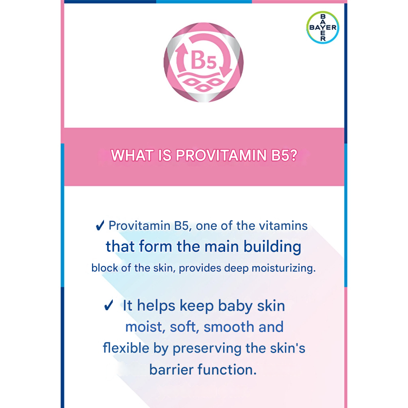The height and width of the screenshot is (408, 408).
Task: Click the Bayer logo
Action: [323, 27]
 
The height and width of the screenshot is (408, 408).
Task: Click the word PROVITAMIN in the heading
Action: [221, 155]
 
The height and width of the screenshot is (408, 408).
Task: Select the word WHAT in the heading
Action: [132, 155]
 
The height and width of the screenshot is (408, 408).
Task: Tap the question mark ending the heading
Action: [293, 155]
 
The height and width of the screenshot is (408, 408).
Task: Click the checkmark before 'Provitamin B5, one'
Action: [100, 226]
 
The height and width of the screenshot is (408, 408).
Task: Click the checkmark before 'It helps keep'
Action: [108, 305]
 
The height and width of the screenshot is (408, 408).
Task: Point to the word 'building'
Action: [273, 247]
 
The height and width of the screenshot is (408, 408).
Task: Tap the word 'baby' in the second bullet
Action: [235, 306]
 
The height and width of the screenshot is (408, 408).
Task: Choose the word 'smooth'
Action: [229, 327]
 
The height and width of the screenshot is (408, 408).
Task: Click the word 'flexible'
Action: [126, 348]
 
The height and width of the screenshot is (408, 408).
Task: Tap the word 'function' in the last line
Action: [227, 369]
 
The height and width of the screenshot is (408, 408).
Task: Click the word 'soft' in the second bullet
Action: [184, 327]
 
